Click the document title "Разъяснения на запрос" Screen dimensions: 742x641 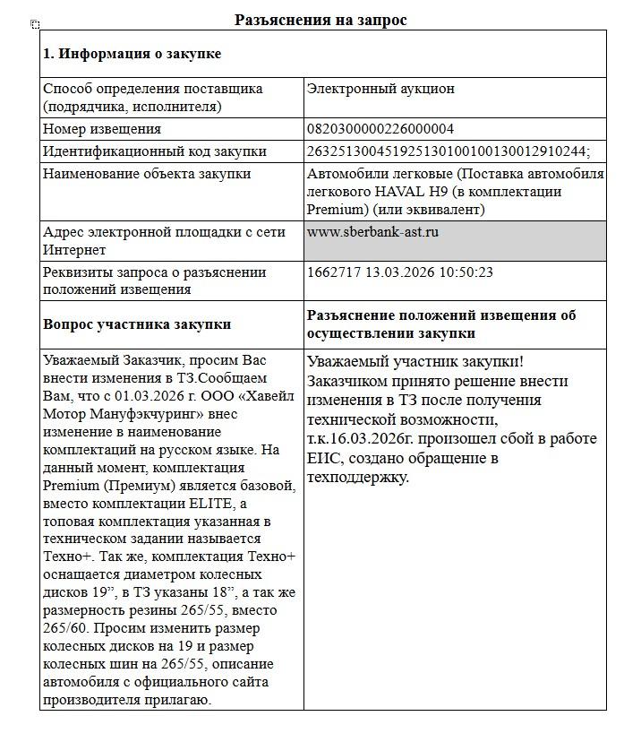pos(320,20)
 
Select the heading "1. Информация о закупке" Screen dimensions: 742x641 pos(132,54)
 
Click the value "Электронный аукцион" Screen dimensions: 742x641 pos(380,89)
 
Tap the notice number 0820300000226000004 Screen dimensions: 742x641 pos(380,129)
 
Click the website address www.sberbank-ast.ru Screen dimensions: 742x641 pos(372,232)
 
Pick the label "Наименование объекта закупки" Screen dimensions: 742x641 pos(147,174)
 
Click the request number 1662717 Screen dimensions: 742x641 pos(333,272)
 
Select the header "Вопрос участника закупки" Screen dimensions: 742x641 pos(137,324)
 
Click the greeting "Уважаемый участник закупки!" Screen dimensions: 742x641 pos(415,362)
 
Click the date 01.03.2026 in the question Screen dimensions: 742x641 pos(141,396)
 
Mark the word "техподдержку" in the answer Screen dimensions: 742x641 pos(358,477)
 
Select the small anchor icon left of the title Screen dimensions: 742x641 pos(35,24)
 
